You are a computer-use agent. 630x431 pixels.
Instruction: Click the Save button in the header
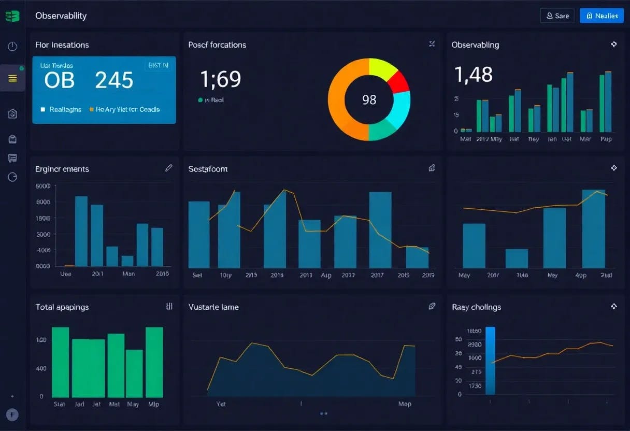(x=557, y=16)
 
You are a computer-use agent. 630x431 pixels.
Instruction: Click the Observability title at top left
(x=61, y=16)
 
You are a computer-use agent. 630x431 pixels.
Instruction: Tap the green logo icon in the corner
(x=12, y=16)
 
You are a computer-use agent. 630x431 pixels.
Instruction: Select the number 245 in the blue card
(x=114, y=80)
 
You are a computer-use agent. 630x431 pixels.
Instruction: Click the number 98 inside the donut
(x=369, y=99)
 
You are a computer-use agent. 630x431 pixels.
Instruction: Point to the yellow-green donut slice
(x=382, y=68)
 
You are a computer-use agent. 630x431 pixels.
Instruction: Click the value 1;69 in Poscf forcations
(x=221, y=79)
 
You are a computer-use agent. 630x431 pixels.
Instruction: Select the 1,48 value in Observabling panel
(x=473, y=75)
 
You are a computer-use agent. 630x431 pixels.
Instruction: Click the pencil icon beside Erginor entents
(x=168, y=168)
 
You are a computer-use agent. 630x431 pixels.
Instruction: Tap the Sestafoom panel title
(x=208, y=169)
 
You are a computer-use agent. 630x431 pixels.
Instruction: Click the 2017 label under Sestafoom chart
(x=377, y=275)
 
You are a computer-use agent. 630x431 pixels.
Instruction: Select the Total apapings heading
(x=62, y=307)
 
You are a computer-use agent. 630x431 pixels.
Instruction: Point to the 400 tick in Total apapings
(x=41, y=368)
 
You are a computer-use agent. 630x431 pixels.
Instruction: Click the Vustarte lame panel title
(x=213, y=307)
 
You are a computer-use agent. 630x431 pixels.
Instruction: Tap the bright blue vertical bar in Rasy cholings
(x=490, y=361)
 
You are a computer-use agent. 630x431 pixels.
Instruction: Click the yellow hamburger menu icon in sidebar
(x=13, y=78)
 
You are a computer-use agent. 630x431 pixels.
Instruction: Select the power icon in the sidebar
(x=13, y=47)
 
